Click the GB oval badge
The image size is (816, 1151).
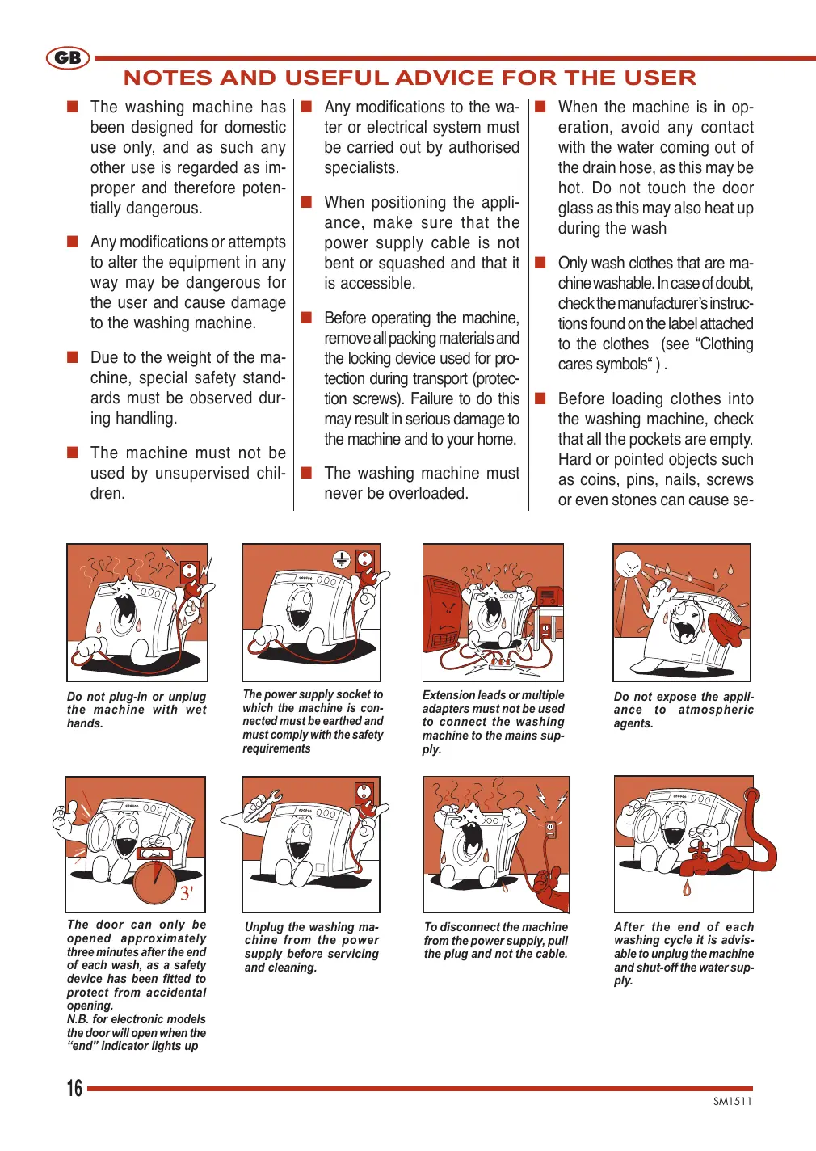pyautogui.click(x=68, y=57)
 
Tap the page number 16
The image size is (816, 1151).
pyautogui.click(x=74, y=1088)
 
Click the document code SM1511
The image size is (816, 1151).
pyautogui.click(x=733, y=1101)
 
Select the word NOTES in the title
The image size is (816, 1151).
pyautogui.click(x=167, y=78)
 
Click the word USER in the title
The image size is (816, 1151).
pyautogui.click(x=660, y=78)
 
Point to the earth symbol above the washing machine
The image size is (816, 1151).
pyautogui.click(x=342, y=559)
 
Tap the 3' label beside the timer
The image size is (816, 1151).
pyautogui.click(x=187, y=893)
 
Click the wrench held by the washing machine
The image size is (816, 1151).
pyautogui.click(x=263, y=806)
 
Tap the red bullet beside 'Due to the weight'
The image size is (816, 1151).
pyautogui.click(x=73, y=356)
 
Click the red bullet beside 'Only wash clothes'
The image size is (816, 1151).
pyautogui.click(x=540, y=263)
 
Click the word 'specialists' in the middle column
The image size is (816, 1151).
pyautogui.click(x=361, y=168)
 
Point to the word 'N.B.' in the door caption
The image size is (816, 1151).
pyautogui.click(x=77, y=1019)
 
